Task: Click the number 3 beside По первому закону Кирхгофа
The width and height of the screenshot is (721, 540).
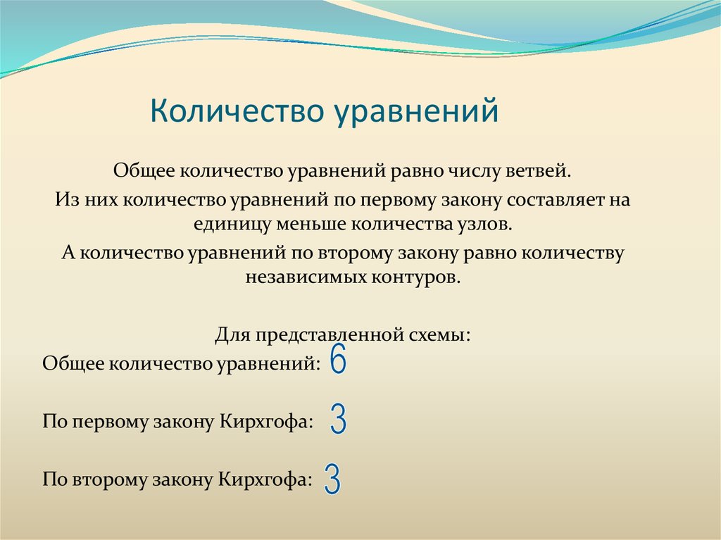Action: point(338,420)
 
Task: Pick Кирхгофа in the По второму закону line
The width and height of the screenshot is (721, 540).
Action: point(265,480)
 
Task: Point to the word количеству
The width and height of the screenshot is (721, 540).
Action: point(572,252)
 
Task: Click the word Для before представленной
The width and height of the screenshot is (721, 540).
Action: point(230,334)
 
